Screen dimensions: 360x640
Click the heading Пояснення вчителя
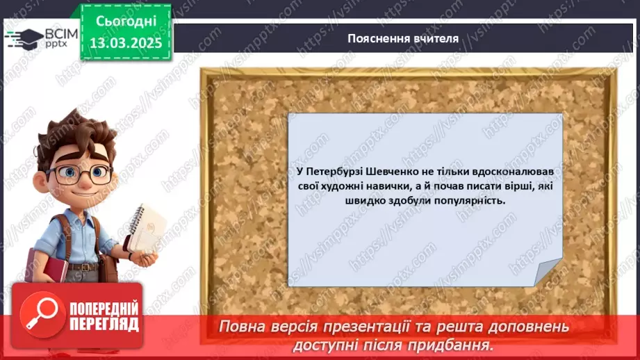pyautogui.click(x=403, y=39)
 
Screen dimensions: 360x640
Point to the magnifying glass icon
pyautogui.click(x=40, y=315)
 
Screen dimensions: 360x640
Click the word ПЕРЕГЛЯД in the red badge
pyautogui.click(x=104, y=324)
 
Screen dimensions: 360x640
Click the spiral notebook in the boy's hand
pyautogui.click(x=146, y=228)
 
